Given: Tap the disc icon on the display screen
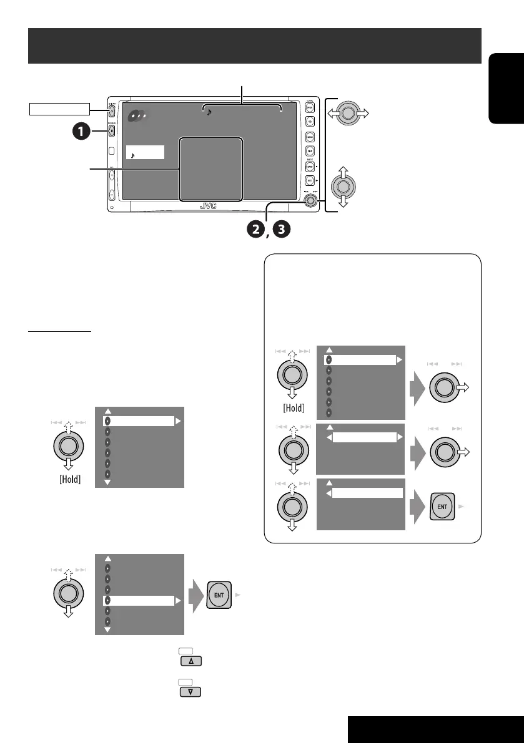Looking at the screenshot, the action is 136,117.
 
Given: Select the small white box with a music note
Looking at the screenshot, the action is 145,152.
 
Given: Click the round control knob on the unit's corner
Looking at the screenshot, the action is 310,201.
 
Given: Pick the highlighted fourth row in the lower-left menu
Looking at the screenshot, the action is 139,601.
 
